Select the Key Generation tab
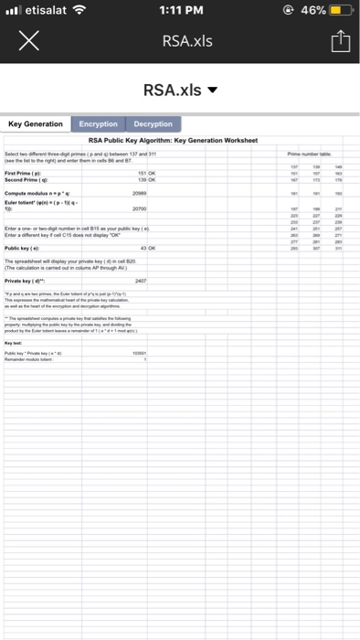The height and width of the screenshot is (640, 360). pyautogui.click(x=36, y=123)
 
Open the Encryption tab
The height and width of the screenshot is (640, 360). pyautogui.click(x=99, y=123)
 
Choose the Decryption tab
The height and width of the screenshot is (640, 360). pyautogui.click(x=153, y=123)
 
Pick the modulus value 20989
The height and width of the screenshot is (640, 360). pyautogui.click(x=140, y=193)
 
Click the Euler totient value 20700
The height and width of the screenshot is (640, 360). pyautogui.click(x=140, y=209)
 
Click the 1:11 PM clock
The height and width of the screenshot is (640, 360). pyautogui.click(x=179, y=12)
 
